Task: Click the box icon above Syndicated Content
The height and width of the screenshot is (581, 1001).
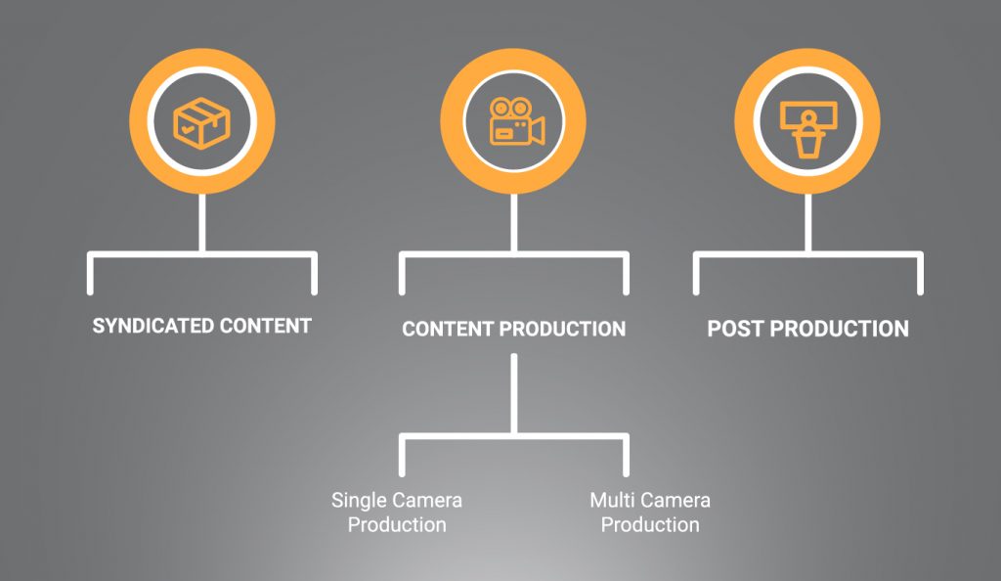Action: click(202, 121)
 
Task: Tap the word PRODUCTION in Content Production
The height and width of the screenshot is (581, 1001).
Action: click(563, 329)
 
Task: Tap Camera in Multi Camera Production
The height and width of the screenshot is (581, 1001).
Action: click(679, 501)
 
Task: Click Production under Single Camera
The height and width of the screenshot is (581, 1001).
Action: click(397, 525)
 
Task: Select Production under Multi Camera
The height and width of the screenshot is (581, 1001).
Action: click(650, 525)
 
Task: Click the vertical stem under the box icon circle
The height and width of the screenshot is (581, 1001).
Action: click(202, 223)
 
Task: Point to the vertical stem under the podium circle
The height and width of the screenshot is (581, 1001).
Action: click(807, 223)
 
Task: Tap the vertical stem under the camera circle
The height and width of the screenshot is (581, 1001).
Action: click(514, 223)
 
